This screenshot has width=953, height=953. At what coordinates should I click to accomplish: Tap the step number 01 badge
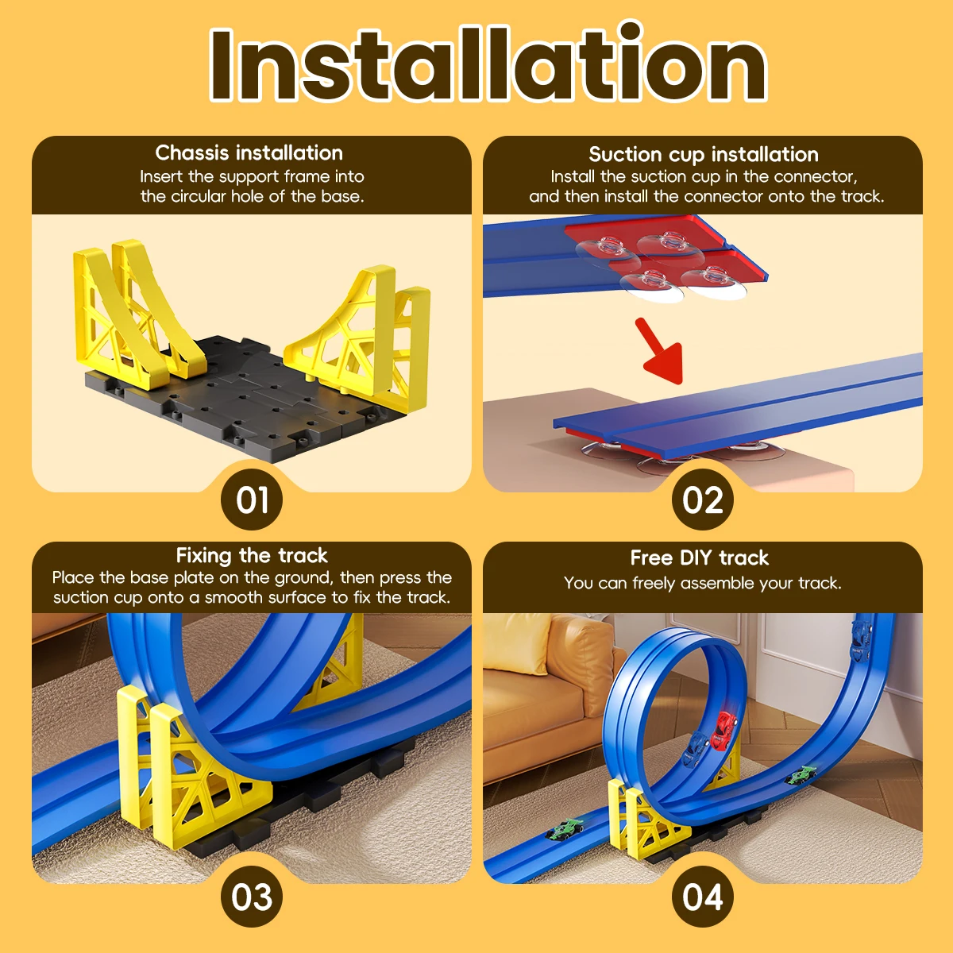pos(252,500)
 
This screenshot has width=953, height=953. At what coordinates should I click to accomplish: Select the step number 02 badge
pos(702,500)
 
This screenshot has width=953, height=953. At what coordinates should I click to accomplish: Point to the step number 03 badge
pos(252,897)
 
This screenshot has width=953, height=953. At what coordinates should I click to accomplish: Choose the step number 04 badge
pos(702,897)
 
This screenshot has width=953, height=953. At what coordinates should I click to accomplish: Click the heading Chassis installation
pos(249,152)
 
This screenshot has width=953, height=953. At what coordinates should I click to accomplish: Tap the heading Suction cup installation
pos(704,155)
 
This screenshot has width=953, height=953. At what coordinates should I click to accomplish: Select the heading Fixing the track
pos(252,556)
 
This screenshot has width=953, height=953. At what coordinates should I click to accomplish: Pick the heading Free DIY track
pos(700,558)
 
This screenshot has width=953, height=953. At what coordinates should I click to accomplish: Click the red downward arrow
pos(660,351)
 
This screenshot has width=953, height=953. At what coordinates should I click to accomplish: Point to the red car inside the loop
pos(723,731)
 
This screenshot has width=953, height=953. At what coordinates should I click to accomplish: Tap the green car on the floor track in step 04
pos(565,828)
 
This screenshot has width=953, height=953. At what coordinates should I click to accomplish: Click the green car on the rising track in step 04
pos(801,775)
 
